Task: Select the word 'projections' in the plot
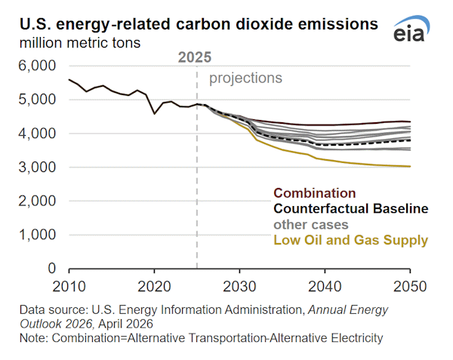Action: coord(245,78)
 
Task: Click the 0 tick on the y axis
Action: coord(51,269)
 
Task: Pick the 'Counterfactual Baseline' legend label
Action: coord(351,208)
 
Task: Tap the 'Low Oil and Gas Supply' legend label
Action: coord(350,240)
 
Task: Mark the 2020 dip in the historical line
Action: coord(154,113)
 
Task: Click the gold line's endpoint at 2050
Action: coord(410,166)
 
